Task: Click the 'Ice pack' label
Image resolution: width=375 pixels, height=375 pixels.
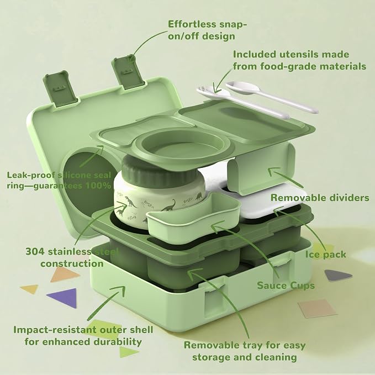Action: click(x=325, y=255)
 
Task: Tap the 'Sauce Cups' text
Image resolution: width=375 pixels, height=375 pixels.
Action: click(x=286, y=286)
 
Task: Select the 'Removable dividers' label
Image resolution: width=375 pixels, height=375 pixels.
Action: click(x=320, y=198)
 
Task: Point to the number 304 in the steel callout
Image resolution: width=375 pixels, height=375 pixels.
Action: click(x=35, y=252)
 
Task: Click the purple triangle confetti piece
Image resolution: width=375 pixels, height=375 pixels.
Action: click(x=64, y=298)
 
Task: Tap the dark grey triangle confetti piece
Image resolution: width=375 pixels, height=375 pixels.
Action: click(x=337, y=276)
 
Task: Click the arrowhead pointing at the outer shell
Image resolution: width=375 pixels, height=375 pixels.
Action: click(x=120, y=290)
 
